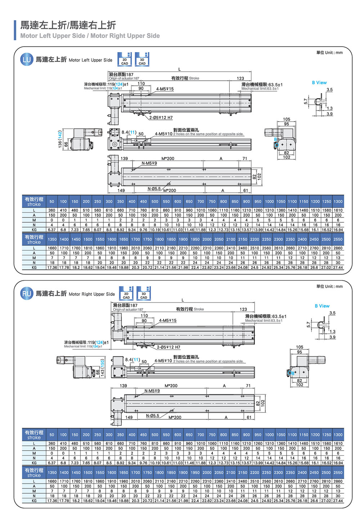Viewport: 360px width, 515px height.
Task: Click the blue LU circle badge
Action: click(x=27, y=59)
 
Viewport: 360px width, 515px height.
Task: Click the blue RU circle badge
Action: click(x=27, y=293)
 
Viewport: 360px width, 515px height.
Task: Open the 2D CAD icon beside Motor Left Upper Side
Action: click(x=125, y=59)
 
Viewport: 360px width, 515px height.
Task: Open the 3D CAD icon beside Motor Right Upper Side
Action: click(x=144, y=293)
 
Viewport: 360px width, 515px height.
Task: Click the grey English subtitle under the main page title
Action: click(x=90, y=36)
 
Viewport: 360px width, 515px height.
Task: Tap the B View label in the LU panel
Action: click(x=319, y=82)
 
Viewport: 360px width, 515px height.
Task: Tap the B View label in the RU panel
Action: click(x=322, y=306)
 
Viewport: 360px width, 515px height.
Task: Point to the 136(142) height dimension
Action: click(x=60, y=139)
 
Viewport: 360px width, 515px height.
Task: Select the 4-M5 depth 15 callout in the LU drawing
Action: click(x=165, y=89)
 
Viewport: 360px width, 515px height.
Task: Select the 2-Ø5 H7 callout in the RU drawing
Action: click(x=168, y=347)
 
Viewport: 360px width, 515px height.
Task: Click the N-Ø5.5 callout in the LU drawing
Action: click(x=154, y=189)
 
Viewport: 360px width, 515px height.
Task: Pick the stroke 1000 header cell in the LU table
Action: click(x=269, y=202)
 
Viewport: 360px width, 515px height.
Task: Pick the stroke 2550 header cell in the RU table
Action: click(x=338, y=473)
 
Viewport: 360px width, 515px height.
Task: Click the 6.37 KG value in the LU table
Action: click(x=52, y=230)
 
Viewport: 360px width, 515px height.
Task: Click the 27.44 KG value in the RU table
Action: click(x=338, y=501)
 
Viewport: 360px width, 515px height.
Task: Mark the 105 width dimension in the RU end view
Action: click(x=300, y=347)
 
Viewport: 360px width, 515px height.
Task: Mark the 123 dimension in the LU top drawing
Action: click(x=240, y=78)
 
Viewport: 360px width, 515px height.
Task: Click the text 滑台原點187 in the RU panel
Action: click(x=125, y=305)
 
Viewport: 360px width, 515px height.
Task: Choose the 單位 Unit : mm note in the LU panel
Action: click(x=329, y=53)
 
